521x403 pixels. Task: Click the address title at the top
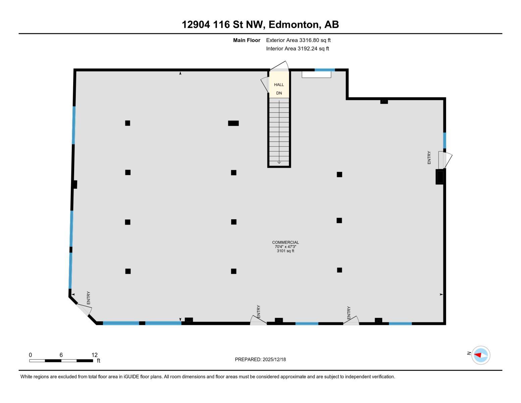click(260, 25)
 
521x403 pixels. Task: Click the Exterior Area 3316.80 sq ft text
click(298, 40)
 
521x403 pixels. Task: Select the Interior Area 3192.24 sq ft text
click(297, 48)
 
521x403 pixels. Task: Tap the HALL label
click(279, 85)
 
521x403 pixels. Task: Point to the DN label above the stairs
click(279, 93)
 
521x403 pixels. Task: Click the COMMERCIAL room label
click(285, 242)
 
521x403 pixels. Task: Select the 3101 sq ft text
click(285, 251)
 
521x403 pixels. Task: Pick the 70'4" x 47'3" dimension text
click(285, 247)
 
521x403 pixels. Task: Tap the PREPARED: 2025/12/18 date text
click(260, 360)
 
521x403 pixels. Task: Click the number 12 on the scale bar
click(95, 355)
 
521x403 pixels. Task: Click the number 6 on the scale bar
click(61, 355)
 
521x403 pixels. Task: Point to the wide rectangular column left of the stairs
click(233, 123)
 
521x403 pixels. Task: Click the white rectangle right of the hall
click(316, 75)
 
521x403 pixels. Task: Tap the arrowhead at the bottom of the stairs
click(279, 163)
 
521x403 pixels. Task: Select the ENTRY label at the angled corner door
click(89, 298)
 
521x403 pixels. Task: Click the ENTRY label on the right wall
click(429, 158)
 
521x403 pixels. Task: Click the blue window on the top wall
click(325, 70)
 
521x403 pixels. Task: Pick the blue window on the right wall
click(445, 141)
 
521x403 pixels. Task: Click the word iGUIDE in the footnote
click(132, 377)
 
